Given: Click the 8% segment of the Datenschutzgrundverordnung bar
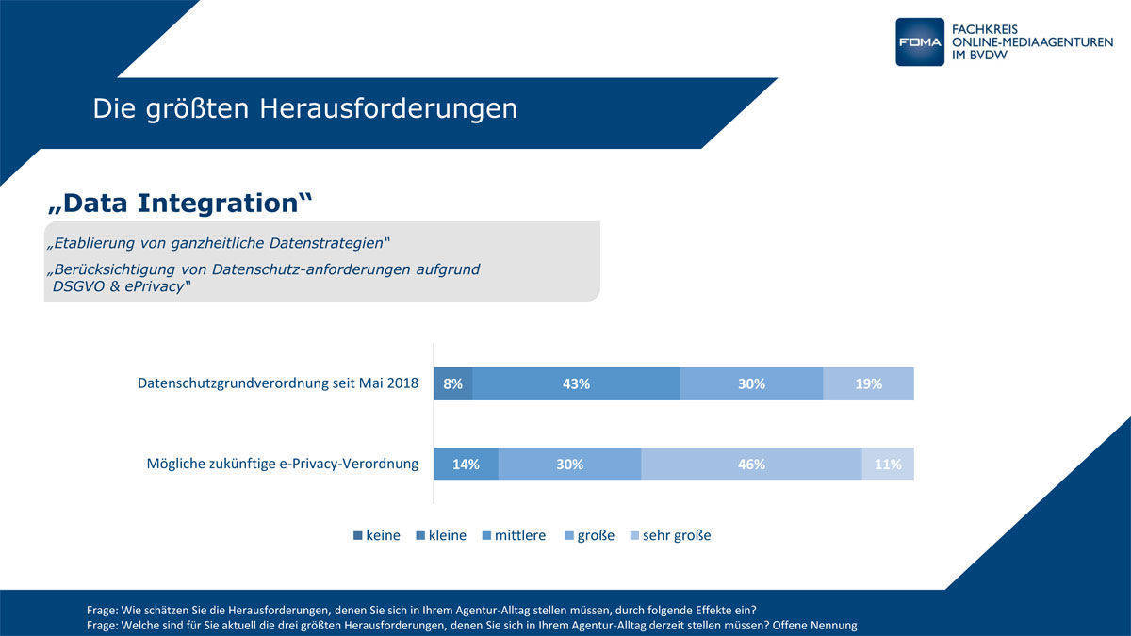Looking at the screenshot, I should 453,383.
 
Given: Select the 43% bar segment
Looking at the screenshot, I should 576,383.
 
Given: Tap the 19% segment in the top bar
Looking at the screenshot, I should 868,383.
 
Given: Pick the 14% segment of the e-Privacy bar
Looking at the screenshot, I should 466,464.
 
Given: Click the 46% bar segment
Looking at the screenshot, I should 751,464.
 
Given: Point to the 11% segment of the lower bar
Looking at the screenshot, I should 888,464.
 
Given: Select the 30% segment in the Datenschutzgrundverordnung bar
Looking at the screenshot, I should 751,383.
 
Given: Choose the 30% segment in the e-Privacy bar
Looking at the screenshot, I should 569,464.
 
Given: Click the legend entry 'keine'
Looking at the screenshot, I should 377,535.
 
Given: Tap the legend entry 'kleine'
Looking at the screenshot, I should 441,535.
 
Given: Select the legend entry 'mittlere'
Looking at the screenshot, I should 514,535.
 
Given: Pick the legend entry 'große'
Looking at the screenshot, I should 589,535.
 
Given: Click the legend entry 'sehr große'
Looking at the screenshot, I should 670,535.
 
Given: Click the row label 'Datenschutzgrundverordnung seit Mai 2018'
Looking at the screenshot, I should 278,383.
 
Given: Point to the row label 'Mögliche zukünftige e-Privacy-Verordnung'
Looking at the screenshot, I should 283,464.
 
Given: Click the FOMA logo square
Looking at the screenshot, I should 919,41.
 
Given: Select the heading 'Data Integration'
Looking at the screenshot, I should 180,203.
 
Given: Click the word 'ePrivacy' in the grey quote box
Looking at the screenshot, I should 149,286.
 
